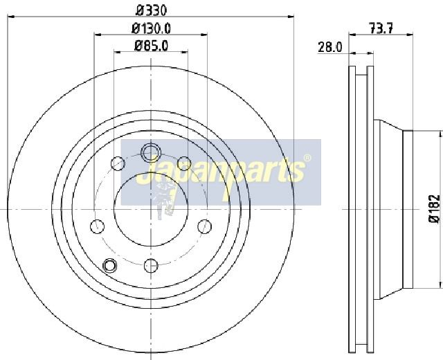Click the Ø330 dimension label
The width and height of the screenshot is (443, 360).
[151, 10]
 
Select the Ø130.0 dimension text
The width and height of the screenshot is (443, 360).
[151, 28]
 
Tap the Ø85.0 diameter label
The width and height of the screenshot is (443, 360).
[151, 46]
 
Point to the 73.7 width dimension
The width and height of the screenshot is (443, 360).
[381, 28]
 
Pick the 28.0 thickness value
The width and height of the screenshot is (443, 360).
[330, 47]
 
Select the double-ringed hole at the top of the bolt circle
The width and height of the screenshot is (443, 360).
[151, 152]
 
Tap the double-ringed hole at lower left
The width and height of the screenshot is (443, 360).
[109, 266]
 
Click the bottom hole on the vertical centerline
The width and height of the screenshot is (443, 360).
[151, 266]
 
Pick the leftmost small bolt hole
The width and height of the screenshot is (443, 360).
[97, 226]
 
